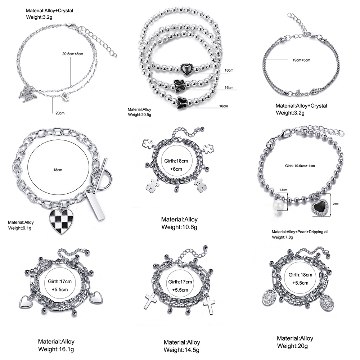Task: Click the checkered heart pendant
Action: click(x=59, y=221)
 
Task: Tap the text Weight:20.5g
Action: click(x=139, y=114)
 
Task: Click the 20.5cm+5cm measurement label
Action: click(x=73, y=54)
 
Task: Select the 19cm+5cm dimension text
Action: click(x=301, y=60)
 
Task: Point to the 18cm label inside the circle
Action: click(x=58, y=170)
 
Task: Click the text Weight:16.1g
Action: click(x=56, y=349)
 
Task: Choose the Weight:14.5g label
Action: click(x=181, y=350)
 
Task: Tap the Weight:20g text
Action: click(x=292, y=346)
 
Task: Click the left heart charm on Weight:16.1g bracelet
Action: click(x=26, y=302)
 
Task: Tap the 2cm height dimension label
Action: click(x=336, y=204)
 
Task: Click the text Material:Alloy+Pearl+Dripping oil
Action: click(x=300, y=232)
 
